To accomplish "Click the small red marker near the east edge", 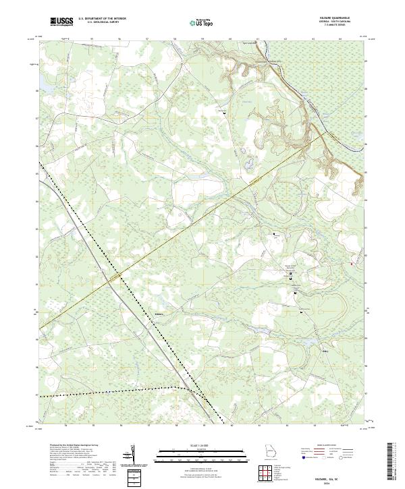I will click(352, 264).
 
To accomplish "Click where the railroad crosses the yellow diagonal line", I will click(120, 275).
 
